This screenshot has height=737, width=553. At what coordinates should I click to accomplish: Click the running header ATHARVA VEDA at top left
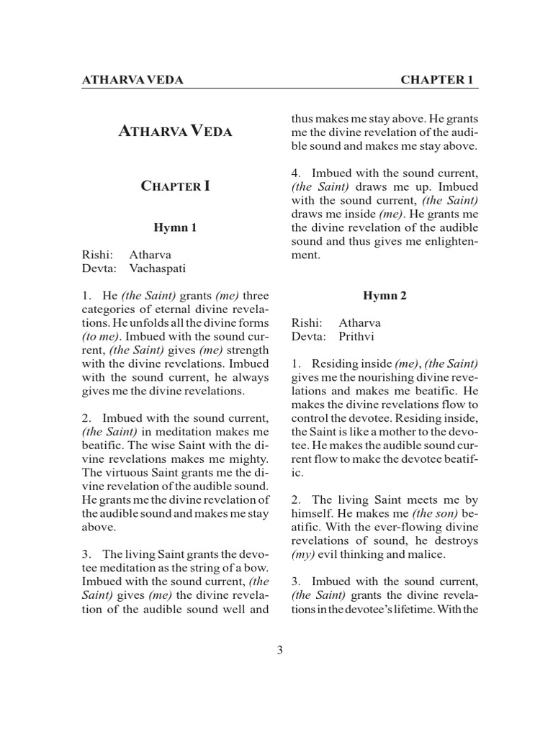[132, 80]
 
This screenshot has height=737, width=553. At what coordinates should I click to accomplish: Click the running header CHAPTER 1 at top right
[436, 80]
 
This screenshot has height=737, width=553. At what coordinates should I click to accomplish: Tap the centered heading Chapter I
[175, 186]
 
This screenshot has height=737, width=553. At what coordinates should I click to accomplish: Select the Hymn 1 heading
[175, 228]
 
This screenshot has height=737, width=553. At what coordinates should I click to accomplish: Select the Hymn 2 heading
[385, 296]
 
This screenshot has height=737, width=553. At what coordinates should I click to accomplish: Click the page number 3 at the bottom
[279, 651]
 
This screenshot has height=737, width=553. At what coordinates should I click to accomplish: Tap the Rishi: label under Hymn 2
[306, 322]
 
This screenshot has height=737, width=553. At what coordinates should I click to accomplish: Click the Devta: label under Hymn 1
[99, 268]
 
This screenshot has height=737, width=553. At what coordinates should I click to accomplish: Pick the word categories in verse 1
[110, 309]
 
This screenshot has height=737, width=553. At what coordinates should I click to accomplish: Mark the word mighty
[250, 458]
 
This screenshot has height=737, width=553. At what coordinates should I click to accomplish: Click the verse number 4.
[296, 173]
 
